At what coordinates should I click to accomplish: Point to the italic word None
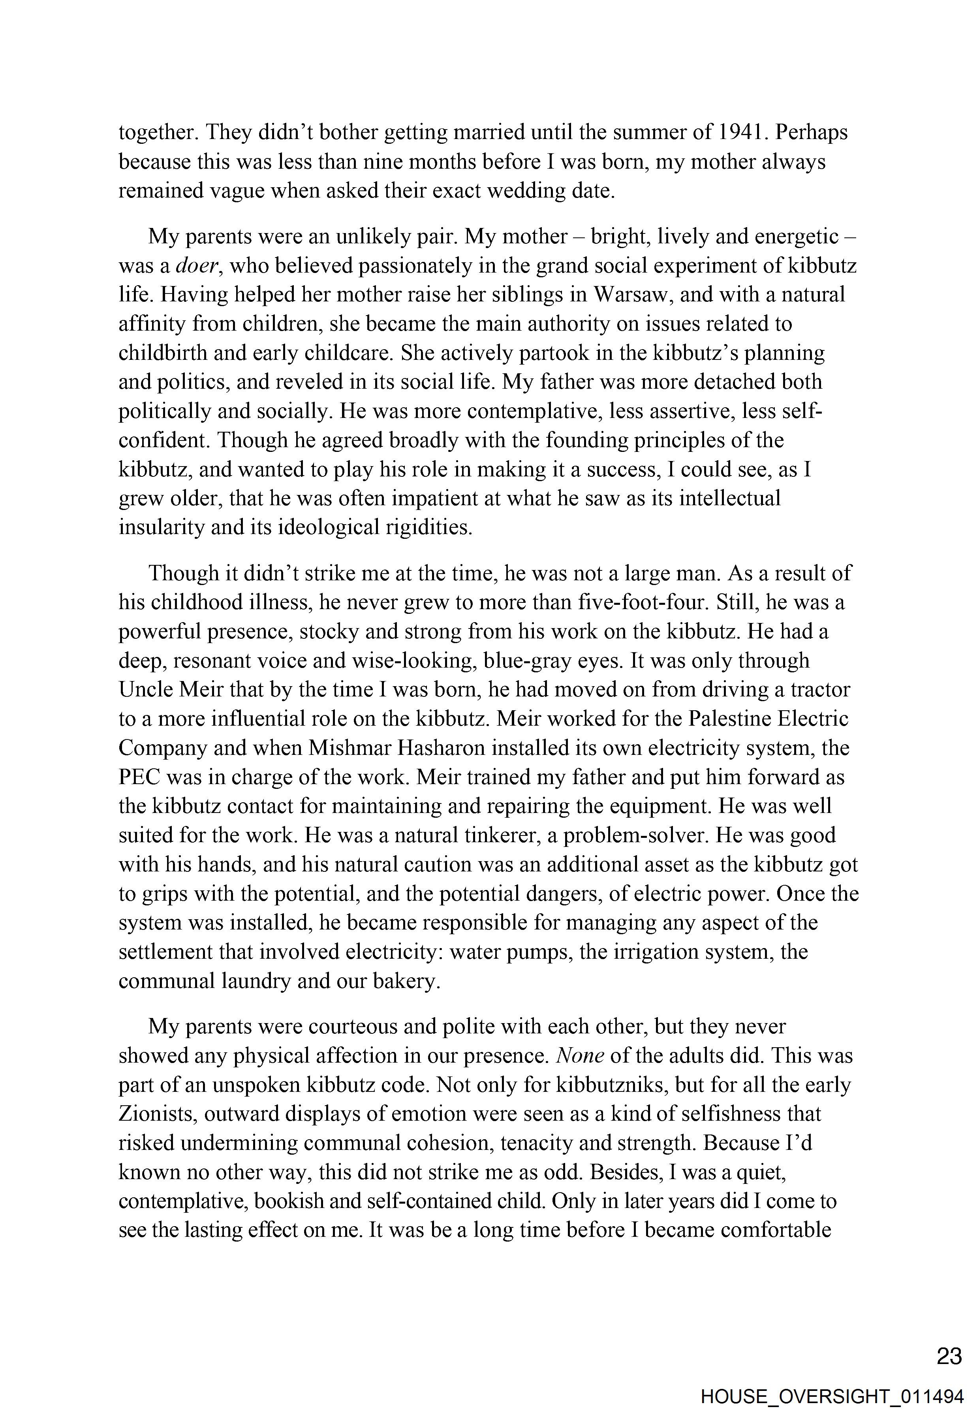coord(580,1056)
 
